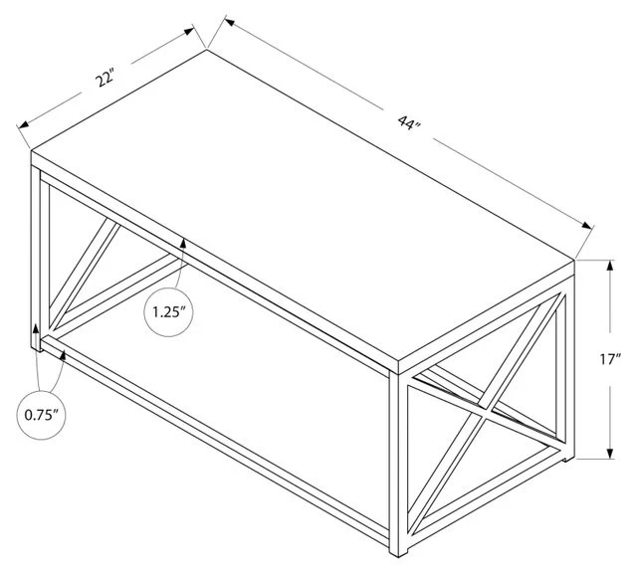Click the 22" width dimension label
[105, 79]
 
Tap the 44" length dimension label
[406, 123]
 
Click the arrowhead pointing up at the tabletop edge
[184, 242]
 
